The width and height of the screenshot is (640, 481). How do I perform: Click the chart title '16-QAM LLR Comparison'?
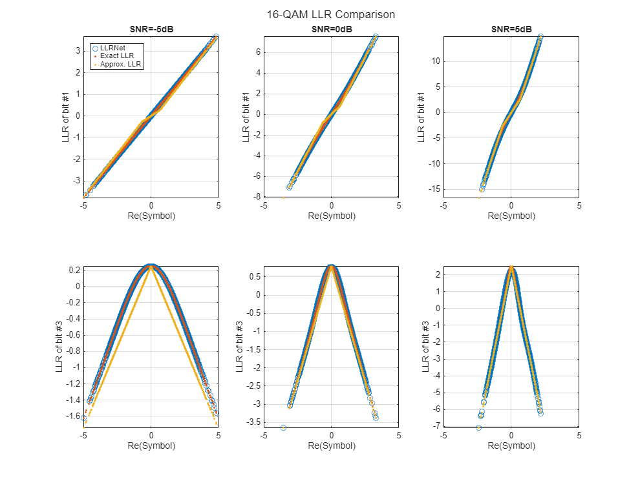click(x=331, y=14)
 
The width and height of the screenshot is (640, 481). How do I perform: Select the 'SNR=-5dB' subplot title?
click(x=151, y=29)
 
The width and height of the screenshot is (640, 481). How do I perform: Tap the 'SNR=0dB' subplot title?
click(x=331, y=29)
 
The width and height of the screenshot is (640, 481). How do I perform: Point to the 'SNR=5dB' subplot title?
click(x=511, y=29)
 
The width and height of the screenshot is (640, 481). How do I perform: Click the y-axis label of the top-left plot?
click(x=66, y=116)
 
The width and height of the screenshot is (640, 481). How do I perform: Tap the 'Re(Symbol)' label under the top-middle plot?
click(x=331, y=216)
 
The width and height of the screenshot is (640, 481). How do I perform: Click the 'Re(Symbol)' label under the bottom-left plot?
click(x=151, y=445)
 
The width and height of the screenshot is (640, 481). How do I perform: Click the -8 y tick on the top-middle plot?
click(x=257, y=196)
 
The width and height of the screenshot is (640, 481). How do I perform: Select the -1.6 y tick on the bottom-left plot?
click(x=72, y=416)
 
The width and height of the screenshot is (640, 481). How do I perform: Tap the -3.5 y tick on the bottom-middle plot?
click(x=252, y=422)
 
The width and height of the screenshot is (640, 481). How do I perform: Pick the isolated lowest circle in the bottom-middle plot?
click(x=283, y=427)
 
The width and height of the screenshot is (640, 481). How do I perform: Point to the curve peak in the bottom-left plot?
click(x=151, y=265)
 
